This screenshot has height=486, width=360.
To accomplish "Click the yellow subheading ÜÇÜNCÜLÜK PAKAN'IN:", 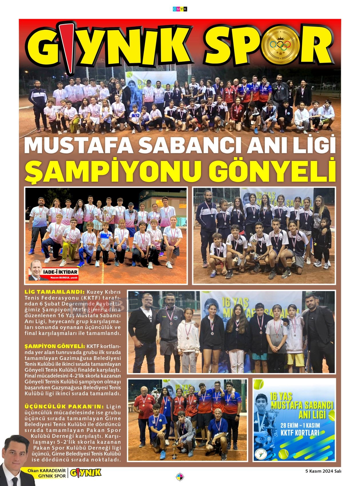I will coord(65,406).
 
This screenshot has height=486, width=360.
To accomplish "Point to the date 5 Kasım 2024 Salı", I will coord(323,471).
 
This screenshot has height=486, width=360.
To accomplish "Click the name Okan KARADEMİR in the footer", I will coord(47,471).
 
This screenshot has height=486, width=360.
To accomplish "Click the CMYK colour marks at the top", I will coord(180,9).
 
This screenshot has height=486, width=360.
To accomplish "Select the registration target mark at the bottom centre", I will coord(180,477).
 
